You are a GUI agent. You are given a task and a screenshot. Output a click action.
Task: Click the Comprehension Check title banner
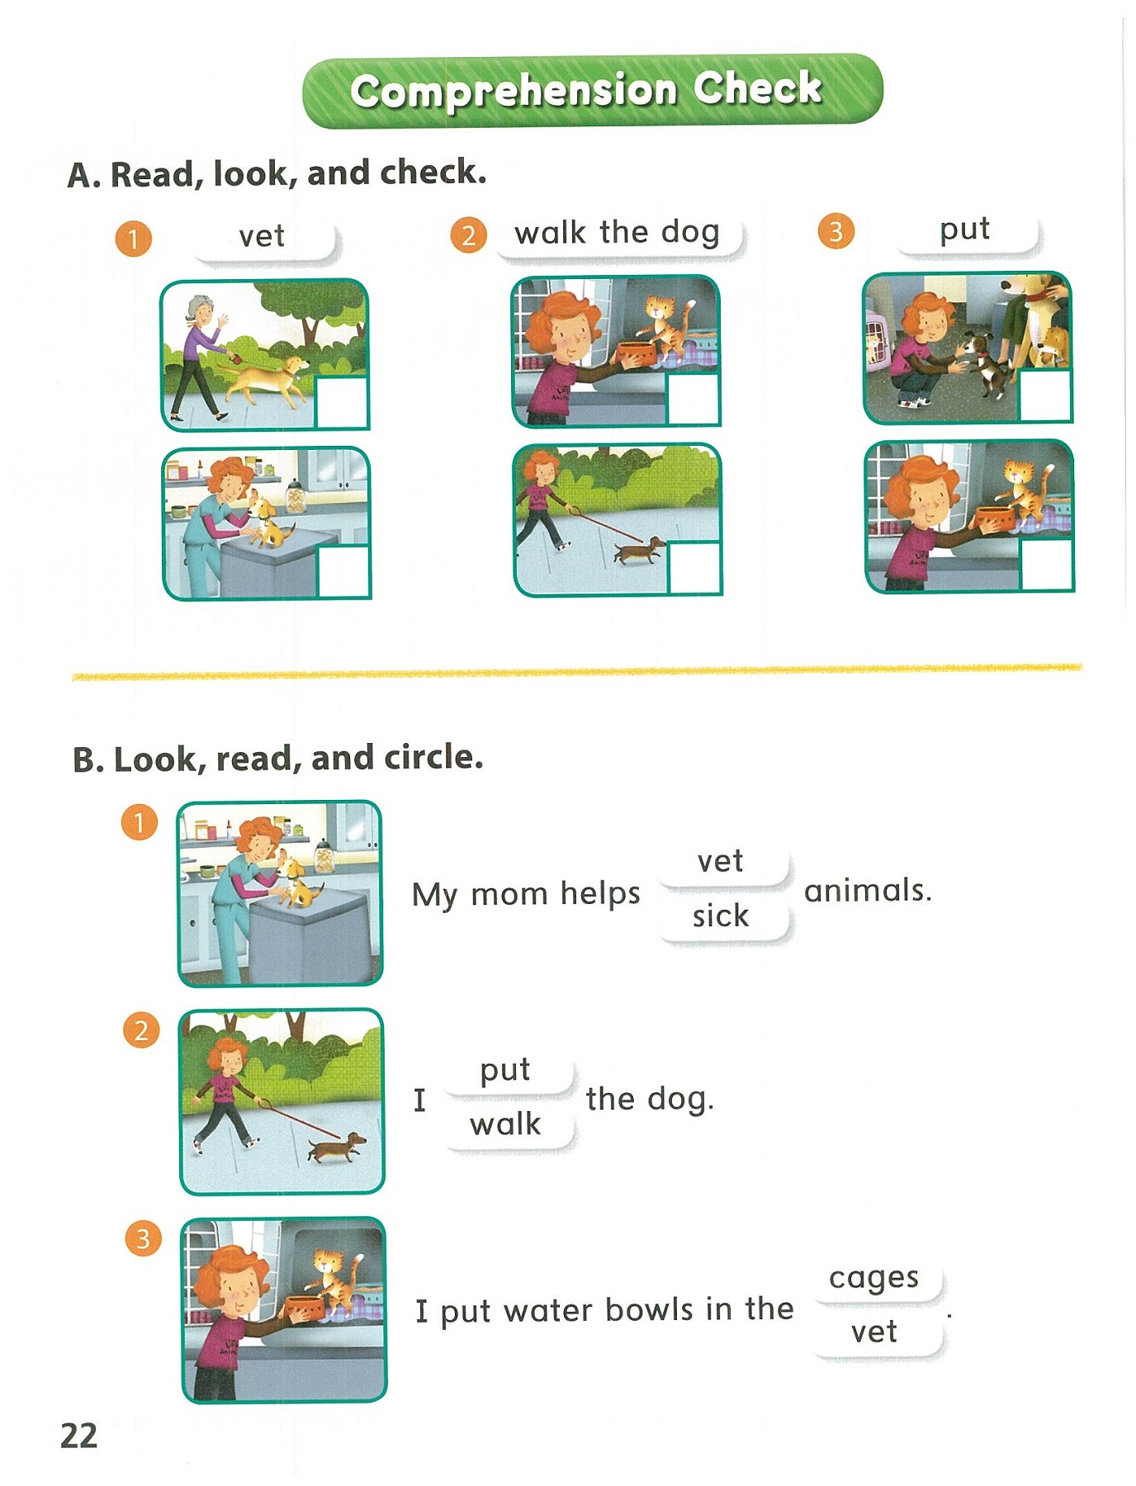(x=593, y=90)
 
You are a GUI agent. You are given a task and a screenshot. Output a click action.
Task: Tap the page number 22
(x=79, y=1436)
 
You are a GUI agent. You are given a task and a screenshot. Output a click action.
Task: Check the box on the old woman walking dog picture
(x=342, y=403)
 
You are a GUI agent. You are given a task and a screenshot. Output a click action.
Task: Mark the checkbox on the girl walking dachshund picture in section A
(x=694, y=568)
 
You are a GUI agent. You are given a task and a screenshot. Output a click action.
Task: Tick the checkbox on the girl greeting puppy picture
(x=1045, y=395)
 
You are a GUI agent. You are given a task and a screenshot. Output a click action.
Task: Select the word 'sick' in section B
(x=721, y=916)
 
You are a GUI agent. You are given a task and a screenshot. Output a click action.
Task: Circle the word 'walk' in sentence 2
(x=505, y=1124)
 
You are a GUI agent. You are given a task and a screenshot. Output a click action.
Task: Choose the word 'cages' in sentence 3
(x=873, y=1277)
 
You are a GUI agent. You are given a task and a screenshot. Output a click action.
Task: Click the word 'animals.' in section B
(x=868, y=891)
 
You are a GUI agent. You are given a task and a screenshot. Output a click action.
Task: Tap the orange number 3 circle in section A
(x=835, y=231)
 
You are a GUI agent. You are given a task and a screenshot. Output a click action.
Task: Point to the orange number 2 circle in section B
(x=141, y=1030)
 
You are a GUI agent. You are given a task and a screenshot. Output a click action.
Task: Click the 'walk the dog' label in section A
(x=618, y=233)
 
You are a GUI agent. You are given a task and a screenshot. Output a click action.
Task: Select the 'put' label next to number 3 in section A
(x=964, y=230)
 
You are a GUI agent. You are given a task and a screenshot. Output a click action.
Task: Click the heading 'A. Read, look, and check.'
(x=277, y=173)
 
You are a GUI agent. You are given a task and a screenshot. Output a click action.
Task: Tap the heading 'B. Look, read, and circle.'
(x=278, y=758)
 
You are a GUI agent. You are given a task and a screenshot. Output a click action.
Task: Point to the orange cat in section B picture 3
(x=335, y=1280)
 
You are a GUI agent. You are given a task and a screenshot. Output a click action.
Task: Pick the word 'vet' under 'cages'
(x=874, y=1332)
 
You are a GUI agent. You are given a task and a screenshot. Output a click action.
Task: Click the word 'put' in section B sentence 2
(x=505, y=1070)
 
